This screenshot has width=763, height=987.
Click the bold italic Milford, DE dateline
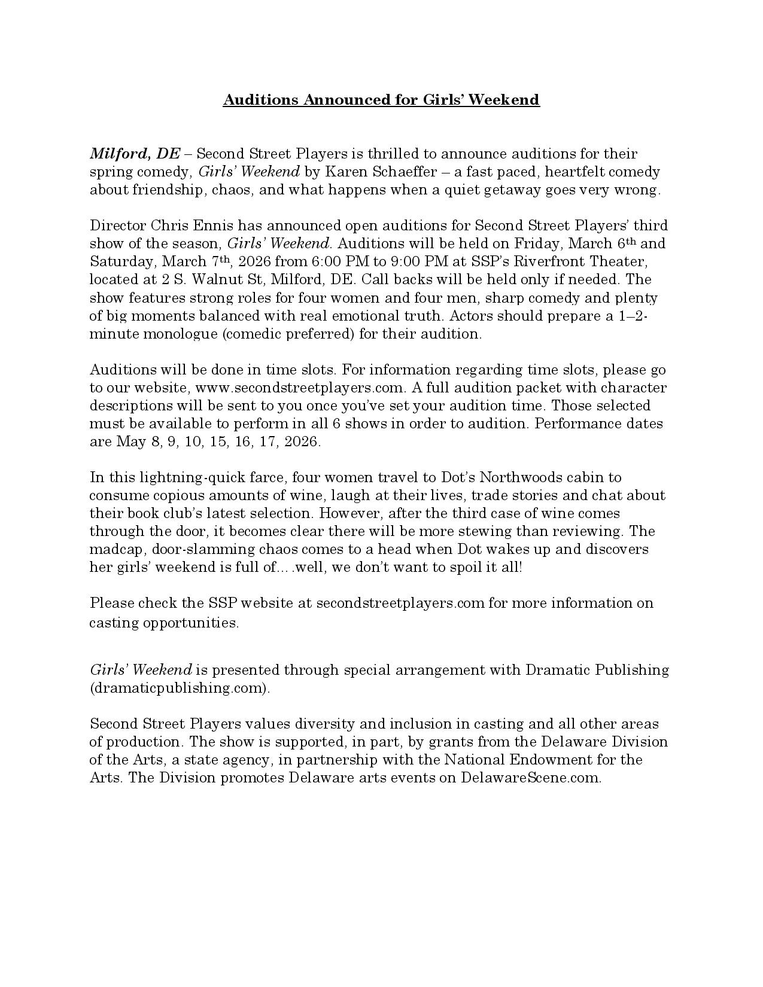tap(135, 154)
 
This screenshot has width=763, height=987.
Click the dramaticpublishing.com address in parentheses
tap(180, 688)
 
